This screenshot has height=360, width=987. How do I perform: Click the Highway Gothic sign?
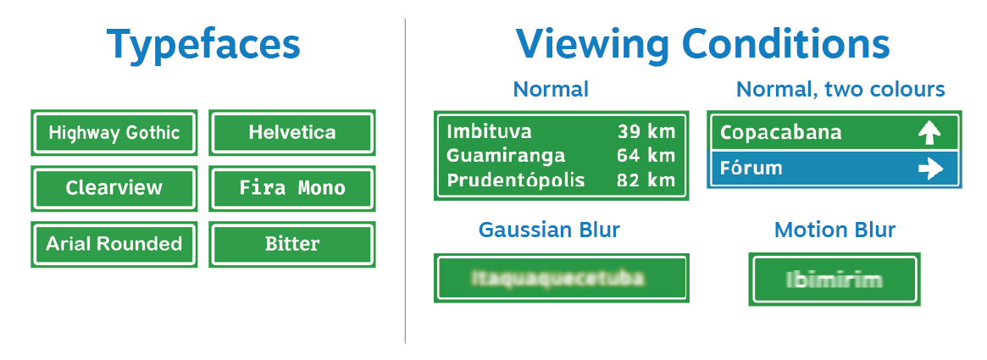pyautogui.click(x=114, y=133)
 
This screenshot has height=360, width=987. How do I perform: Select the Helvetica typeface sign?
pyautogui.click(x=292, y=133)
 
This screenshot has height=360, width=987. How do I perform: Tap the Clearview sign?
pyautogui.click(x=114, y=188)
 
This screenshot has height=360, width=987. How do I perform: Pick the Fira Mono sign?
pyautogui.click(x=292, y=188)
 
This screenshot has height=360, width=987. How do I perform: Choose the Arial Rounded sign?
pyautogui.click(x=114, y=244)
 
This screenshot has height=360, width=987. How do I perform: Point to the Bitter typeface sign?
pyautogui.click(x=292, y=244)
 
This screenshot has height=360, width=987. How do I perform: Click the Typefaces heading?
pyautogui.click(x=203, y=44)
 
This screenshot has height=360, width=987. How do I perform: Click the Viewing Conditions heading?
pyautogui.click(x=702, y=44)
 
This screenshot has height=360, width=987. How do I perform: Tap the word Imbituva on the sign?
pyautogui.click(x=489, y=131)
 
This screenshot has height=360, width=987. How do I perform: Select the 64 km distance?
pyautogui.click(x=646, y=156)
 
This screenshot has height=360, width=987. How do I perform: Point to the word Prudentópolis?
pyautogui.click(x=516, y=180)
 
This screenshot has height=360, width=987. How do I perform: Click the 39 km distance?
pyautogui.click(x=646, y=131)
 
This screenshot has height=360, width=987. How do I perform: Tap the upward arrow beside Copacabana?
pyautogui.click(x=929, y=132)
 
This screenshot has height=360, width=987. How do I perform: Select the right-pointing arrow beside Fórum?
pyautogui.click(x=929, y=169)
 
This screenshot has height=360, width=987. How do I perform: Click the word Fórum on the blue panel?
pyautogui.click(x=751, y=168)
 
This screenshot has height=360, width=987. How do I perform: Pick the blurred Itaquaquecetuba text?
pyautogui.click(x=557, y=278)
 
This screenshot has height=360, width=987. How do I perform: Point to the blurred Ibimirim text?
pyautogui.click(x=834, y=280)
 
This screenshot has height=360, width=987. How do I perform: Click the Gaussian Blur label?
pyautogui.click(x=549, y=230)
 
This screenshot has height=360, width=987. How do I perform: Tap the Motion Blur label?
pyautogui.click(x=835, y=230)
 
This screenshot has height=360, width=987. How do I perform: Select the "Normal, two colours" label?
pyautogui.click(x=840, y=89)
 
